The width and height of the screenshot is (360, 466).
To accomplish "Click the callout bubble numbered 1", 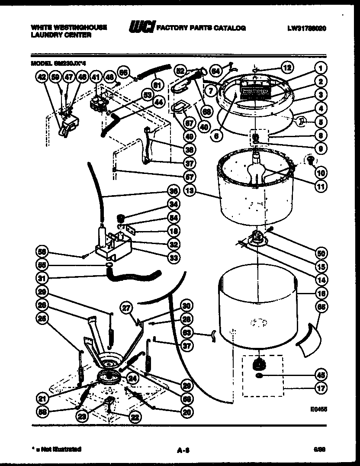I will [x=321, y=68].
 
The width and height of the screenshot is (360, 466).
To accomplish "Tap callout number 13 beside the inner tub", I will [x=188, y=190].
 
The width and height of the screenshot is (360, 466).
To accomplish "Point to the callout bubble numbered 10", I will [x=321, y=173].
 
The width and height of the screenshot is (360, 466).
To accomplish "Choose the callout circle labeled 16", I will [x=321, y=293].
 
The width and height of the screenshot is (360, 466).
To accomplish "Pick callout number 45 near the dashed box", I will [x=321, y=375].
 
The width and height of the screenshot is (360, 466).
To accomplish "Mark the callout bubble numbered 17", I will [x=321, y=388].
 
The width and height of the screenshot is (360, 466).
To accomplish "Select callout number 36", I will [x=174, y=191].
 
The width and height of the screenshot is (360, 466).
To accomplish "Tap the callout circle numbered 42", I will [x=42, y=78].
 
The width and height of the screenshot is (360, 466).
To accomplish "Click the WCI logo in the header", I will [x=141, y=28].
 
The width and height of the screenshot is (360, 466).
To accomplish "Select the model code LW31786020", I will [x=306, y=28].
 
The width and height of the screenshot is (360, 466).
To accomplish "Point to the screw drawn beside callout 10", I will [x=310, y=161].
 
